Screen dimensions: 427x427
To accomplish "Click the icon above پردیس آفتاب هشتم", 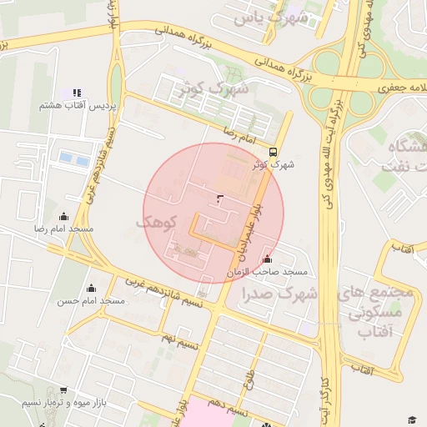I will pos(77,93).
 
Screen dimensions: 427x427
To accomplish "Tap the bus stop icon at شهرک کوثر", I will pos(274,151).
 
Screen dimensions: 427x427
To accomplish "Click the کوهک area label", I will pos(158,223).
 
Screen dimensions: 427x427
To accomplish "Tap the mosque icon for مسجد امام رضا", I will pos(63,216).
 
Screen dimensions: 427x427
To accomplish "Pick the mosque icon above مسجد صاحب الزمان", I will pos(266,259).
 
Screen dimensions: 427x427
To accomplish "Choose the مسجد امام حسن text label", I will pos(91,300).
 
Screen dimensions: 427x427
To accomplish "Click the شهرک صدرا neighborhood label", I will pos(280,294).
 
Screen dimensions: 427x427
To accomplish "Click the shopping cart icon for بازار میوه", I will pos(63,389).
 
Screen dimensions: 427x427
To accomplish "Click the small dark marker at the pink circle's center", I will pos(219,198).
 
